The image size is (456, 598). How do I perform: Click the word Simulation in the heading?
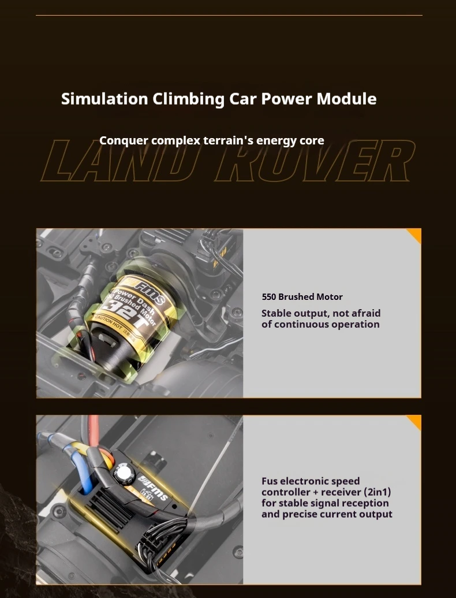point(104,98)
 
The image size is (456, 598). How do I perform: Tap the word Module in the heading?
point(347,98)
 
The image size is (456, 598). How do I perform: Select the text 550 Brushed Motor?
point(302,297)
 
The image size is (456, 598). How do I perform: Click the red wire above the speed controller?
point(94,431)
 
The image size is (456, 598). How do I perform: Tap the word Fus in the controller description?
point(270,481)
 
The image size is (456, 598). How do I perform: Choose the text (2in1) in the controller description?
point(377,492)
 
